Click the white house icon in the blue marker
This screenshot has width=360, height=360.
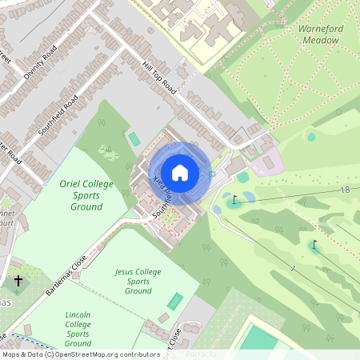point(180,173)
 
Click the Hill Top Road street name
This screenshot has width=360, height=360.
point(158,75)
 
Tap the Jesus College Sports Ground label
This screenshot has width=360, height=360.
point(138,281)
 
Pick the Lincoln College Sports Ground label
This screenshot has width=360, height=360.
point(88,329)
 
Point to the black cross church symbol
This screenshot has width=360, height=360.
point(18,282)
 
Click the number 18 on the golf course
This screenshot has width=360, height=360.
point(345,190)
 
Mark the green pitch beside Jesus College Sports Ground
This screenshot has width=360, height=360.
point(174,301)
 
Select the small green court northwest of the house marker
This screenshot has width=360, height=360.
point(134,139)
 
